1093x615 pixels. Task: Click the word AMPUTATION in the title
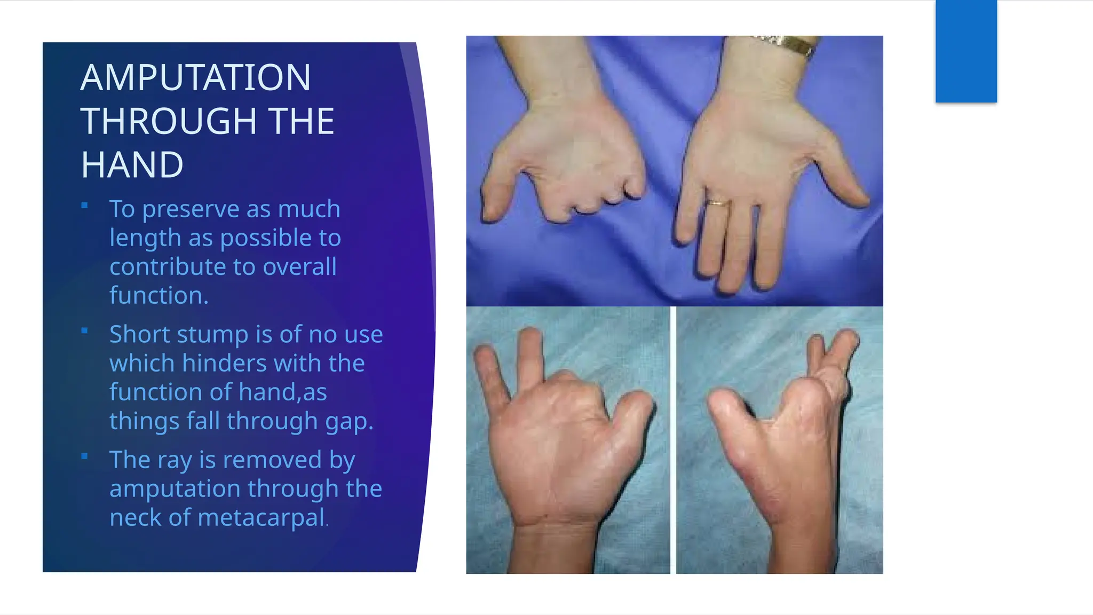(x=195, y=78)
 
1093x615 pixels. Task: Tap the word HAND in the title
(x=132, y=165)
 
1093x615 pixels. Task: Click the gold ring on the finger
(x=718, y=203)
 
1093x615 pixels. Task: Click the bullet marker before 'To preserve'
(x=84, y=206)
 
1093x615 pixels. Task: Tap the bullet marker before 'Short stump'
(x=84, y=331)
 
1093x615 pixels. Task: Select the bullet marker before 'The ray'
(x=84, y=456)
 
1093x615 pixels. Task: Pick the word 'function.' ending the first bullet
(x=159, y=296)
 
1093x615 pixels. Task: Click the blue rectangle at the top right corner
(x=966, y=51)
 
